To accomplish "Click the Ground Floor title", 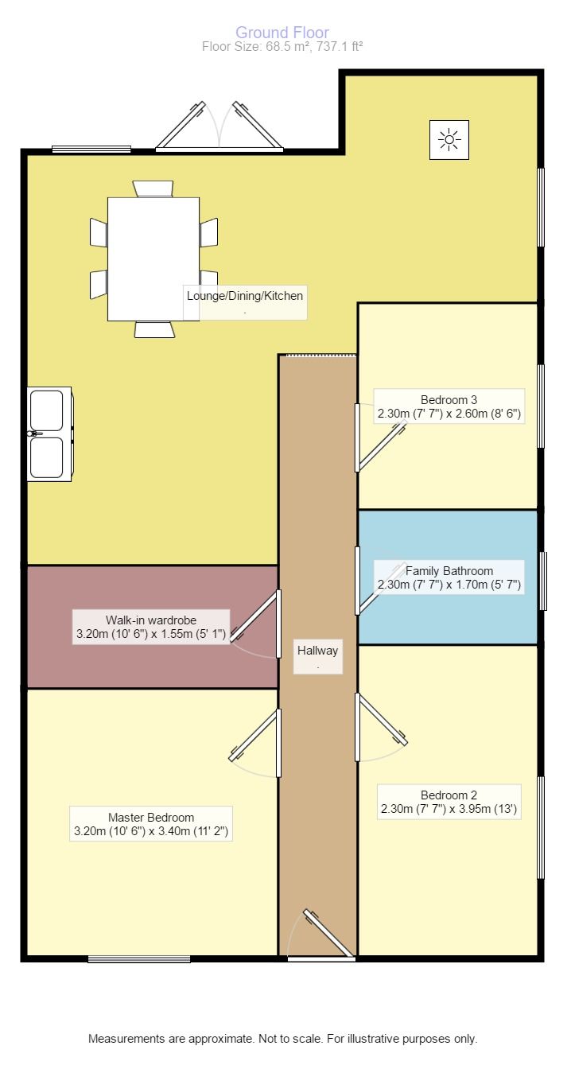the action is click(x=282, y=33).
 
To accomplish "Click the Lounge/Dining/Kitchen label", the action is click(x=245, y=296).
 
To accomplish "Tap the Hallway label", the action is click(x=318, y=651).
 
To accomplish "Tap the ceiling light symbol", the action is click(x=449, y=141).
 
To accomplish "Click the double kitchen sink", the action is click(x=49, y=433).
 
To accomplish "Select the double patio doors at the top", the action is click(x=219, y=127).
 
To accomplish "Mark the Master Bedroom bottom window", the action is click(x=139, y=959).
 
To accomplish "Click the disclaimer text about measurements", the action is click(x=282, y=1039).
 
